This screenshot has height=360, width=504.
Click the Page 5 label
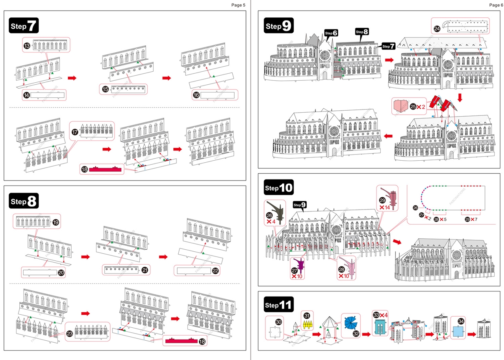(x=238, y=5)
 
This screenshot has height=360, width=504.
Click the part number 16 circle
(x=196, y=95)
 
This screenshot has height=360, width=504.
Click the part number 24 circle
(x=437, y=29)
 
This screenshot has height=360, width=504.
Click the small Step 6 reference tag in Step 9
(x=331, y=33)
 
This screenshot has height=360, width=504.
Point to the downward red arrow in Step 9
(x=460, y=97)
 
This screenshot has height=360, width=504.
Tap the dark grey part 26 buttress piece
(x=276, y=210)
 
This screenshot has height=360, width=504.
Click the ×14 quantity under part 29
(x=384, y=207)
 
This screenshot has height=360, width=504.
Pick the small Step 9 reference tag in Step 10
(x=300, y=205)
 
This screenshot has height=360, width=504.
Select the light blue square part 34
(x=459, y=332)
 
